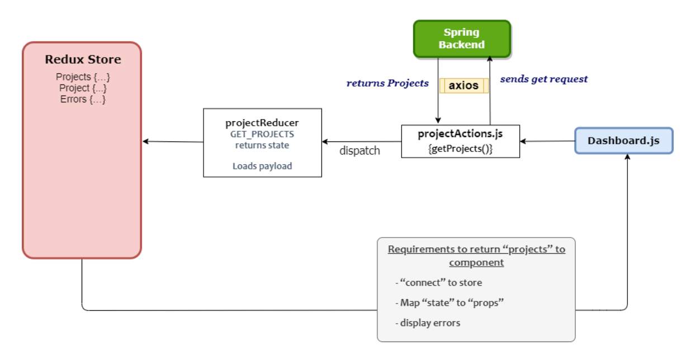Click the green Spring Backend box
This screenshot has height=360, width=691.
(462, 39)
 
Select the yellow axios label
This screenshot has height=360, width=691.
(463, 86)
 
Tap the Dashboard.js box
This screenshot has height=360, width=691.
(624, 140)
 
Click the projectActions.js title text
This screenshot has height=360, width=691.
(460, 134)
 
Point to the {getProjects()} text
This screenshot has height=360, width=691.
(460, 149)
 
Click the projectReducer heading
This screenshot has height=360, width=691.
(262, 123)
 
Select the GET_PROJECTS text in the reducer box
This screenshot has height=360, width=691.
(262, 135)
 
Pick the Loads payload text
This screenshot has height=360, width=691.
(262, 166)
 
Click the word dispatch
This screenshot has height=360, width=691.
(359, 151)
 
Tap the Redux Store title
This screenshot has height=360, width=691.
(83, 60)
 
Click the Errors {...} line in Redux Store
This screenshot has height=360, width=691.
(83, 100)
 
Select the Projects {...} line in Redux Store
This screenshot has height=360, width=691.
(83, 77)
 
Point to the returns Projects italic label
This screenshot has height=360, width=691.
(387, 83)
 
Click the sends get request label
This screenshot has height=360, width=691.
(543, 79)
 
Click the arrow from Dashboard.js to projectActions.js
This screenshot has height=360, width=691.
(547, 141)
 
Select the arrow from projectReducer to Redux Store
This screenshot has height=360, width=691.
(173, 141)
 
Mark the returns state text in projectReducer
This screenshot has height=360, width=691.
(262, 145)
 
